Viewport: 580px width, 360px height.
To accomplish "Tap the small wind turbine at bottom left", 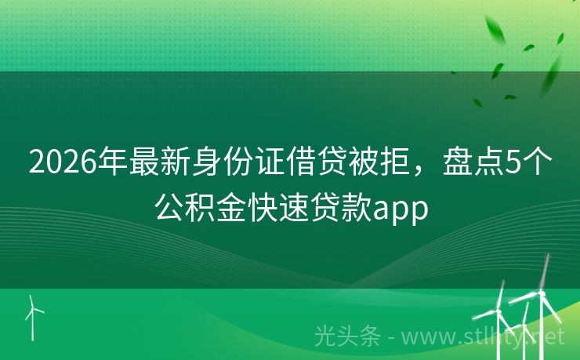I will pyautogui.click(x=33, y=314).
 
